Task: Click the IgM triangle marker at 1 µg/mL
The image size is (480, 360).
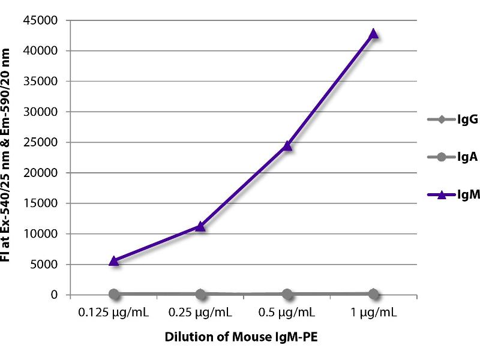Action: (373, 34)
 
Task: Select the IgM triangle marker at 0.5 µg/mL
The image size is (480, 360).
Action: (287, 145)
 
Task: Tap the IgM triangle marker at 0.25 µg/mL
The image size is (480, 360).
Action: (200, 226)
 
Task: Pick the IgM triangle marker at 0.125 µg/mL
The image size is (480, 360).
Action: (114, 261)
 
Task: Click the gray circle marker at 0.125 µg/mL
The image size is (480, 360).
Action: (114, 293)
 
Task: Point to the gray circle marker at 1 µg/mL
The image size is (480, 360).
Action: (373, 293)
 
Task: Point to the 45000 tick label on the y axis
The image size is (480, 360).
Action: (41, 21)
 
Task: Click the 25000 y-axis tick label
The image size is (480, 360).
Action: (41, 143)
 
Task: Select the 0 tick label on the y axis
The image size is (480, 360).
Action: (55, 295)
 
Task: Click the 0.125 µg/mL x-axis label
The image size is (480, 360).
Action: (114, 313)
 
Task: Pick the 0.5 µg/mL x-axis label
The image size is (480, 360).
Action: (287, 313)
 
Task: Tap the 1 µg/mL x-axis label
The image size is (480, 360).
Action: (373, 313)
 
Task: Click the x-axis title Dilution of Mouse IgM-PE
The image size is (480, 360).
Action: (241, 337)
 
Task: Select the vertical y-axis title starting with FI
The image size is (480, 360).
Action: (13, 157)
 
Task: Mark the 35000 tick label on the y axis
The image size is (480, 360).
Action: (41, 82)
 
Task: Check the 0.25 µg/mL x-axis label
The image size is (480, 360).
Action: (200, 313)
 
